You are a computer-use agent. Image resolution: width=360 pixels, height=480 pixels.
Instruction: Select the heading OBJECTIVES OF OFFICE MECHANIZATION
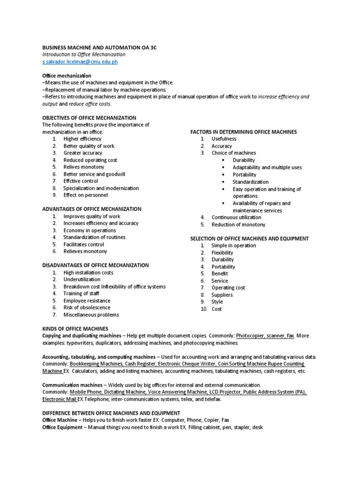tap(89, 118)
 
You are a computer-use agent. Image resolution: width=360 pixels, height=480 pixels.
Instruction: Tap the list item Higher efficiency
tap(82, 139)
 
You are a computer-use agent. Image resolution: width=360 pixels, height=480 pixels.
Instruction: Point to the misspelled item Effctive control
tap(81, 181)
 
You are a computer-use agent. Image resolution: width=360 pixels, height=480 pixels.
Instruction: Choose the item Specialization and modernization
tap(101, 188)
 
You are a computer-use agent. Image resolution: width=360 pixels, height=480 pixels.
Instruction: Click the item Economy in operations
tap(90, 230)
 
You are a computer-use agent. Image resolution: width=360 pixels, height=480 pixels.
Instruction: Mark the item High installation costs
tap(88, 272)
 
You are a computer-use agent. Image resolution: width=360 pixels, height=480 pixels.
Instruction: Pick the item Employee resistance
tap(87, 300)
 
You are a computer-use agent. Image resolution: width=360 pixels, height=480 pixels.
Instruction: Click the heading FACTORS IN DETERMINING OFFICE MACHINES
tap(243, 132)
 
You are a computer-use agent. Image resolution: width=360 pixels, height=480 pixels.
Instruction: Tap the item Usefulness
tap(224, 139)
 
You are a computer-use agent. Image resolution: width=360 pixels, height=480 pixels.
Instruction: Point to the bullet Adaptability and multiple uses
tap(267, 167)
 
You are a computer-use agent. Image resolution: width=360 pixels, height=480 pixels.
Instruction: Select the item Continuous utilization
tap(237, 217)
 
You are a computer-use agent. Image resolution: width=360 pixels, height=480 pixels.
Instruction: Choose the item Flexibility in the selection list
tap(222, 252)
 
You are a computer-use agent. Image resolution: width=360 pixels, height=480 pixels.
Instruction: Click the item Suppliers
tap(222, 295)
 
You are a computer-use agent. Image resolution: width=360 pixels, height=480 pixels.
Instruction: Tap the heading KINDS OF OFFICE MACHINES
tap(75, 329)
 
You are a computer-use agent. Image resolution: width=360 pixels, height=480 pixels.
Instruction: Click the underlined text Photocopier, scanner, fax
tap(265, 336)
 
